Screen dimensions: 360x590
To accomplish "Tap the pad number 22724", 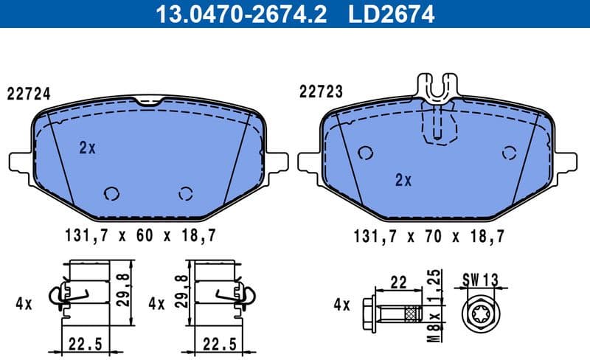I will [28, 94].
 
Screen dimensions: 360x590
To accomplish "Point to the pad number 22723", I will [321, 91].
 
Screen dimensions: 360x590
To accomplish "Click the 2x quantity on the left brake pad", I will [88, 148].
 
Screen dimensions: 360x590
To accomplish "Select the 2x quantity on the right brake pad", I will [403, 179].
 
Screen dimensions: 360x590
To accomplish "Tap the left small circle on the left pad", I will [112, 193].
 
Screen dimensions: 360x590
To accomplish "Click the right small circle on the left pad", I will [185, 193].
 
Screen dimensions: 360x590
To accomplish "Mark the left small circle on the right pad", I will [364, 153].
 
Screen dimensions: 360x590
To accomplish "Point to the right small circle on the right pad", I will [508, 153].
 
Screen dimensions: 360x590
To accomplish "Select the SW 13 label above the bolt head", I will [481, 280].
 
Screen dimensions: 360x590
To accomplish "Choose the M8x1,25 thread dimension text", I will [436, 304].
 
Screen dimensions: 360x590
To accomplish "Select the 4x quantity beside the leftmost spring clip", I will [24, 303].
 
